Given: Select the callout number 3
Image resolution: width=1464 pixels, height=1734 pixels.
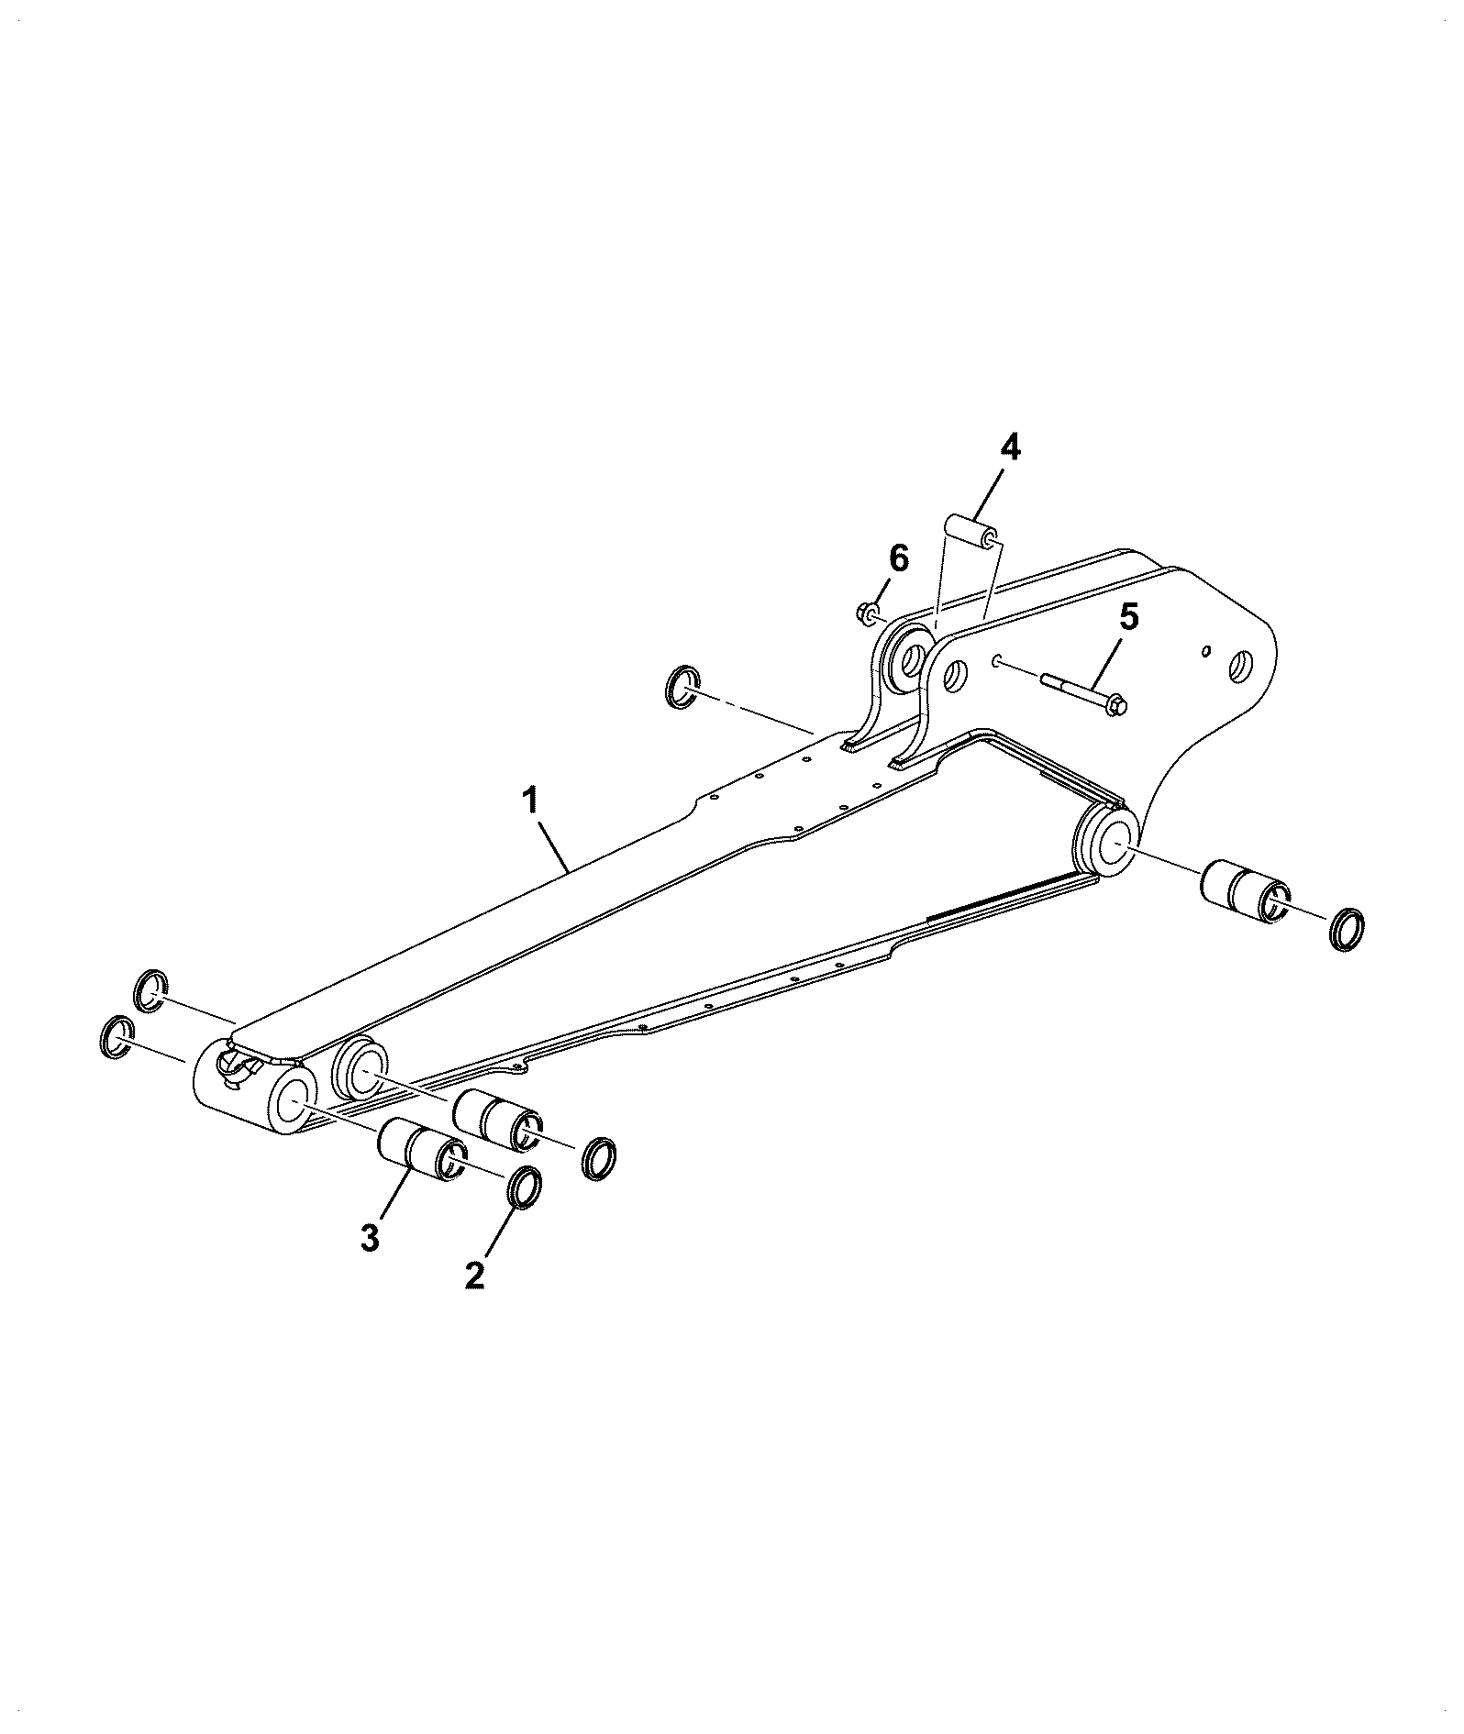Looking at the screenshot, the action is [369, 1238].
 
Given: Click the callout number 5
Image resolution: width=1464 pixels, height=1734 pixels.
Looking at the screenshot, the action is [1128, 617].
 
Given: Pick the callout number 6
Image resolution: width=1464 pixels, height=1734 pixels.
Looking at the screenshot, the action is [898, 558].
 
